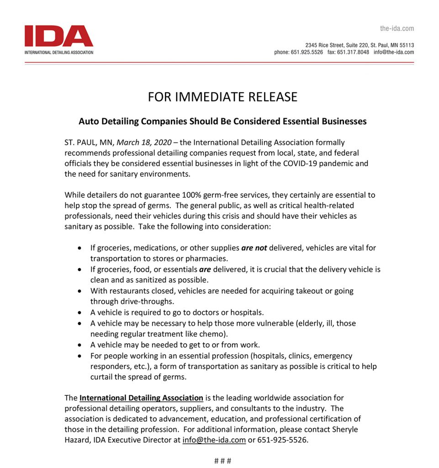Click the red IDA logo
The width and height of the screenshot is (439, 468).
tap(59, 36)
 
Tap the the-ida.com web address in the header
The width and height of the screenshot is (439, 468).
tap(397, 28)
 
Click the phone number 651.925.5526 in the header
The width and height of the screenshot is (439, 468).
tap(307, 52)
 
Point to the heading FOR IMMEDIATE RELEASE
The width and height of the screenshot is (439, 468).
tap(222, 97)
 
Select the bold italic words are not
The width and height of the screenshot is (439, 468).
tap(254, 248)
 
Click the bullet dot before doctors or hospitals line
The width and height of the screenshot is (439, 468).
tap(80, 313)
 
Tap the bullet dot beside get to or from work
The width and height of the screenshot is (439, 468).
tap(80, 345)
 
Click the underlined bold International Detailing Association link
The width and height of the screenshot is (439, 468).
tap(141, 398)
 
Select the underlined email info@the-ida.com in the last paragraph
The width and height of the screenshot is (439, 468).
tap(214, 441)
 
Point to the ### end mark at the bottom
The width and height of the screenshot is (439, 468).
tap(222, 461)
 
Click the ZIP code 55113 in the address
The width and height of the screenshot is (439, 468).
tap(406, 45)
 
